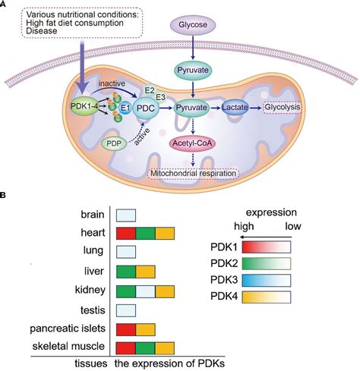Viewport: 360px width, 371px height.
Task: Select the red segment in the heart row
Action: pos(125,233)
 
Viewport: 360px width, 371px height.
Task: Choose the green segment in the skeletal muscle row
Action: pos(146,348)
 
